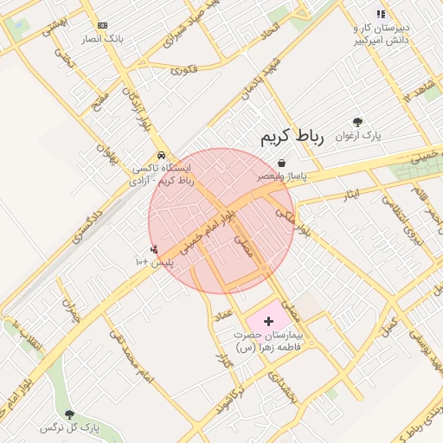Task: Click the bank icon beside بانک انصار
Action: pyautogui.click(x=103, y=26)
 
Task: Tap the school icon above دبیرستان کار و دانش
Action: pyautogui.click(x=380, y=14)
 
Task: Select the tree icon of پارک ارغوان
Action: pyautogui.click(x=358, y=123)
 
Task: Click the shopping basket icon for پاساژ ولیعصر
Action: pyautogui.click(x=282, y=163)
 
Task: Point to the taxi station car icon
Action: pyautogui.click(x=161, y=156)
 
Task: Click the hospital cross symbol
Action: pyautogui.click(x=268, y=321)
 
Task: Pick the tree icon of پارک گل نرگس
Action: pyautogui.click(x=69, y=415)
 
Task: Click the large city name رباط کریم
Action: pyautogui.click(x=291, y=138)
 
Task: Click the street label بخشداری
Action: pyautogui.click(x=283, y=387)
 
